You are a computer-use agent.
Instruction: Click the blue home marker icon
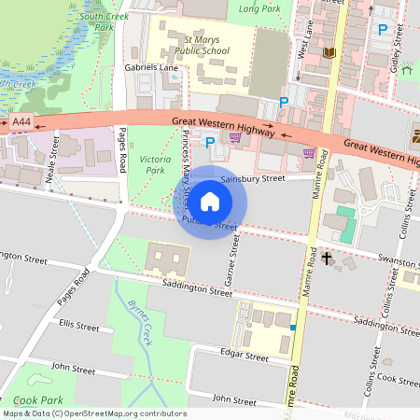(x=210, y=202)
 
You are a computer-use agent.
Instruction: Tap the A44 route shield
(x=21, y=121)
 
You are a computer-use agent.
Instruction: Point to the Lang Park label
(x=259, y=8)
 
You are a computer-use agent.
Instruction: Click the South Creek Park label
(x=105, y=21)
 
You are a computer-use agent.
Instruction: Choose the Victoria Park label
(x=155, y=165)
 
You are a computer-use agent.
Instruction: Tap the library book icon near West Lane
(x=328, y=53)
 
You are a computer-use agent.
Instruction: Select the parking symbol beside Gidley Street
(x=381, y=30)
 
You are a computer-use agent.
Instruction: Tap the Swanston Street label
(x=393, y=259)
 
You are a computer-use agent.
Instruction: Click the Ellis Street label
(x=78, y=327)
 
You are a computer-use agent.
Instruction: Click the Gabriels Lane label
(x=150, y=68)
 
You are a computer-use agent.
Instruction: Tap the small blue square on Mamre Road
(x=293, y=328)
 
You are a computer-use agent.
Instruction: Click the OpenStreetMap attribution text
(x=93, y=413)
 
